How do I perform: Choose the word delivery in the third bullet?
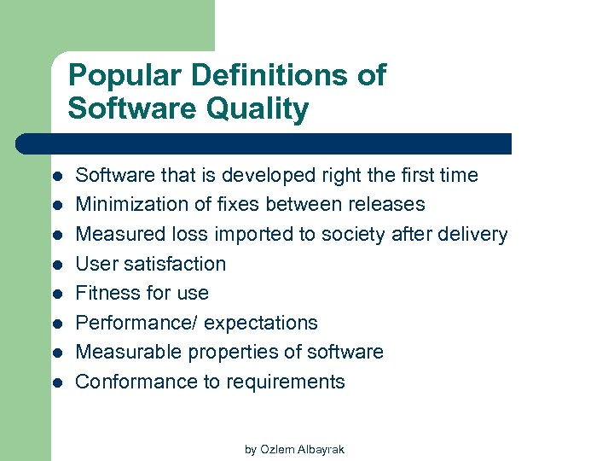[x=474, y=235]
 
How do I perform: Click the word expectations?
[x=261, y=324]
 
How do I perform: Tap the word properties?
[x=237, y=353]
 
